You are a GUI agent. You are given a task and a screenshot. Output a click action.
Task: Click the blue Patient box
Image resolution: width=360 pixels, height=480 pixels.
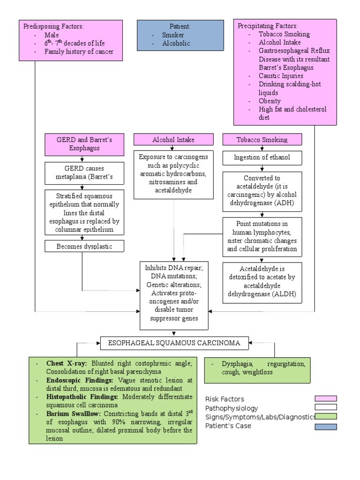pos(180,35)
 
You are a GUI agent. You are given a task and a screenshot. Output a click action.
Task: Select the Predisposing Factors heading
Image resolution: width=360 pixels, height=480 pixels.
pos(57,26)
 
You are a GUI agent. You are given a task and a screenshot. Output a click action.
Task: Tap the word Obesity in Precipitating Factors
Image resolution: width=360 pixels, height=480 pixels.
pos(270,101)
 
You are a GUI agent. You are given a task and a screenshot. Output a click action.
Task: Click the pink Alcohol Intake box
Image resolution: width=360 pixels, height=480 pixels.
pos(173,140)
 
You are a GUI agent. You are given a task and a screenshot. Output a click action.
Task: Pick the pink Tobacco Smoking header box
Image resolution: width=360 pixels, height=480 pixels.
pos(262,140)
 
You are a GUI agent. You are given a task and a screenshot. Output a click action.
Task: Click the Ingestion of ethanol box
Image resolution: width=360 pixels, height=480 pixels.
pos(262,157)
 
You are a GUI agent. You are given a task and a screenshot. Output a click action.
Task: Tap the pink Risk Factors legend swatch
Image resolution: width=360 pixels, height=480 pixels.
pos(325,399)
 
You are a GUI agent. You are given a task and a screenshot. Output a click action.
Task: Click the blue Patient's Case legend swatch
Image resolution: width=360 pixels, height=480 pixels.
pos(325,426)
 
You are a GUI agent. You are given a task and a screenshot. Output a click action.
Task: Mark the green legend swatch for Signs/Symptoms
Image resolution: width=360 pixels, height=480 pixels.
pos(325,417)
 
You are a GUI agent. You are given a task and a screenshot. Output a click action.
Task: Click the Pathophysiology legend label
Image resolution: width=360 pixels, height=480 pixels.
pos(232,408)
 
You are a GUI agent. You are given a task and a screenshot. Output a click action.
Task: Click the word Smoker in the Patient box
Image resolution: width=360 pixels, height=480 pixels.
pos(173,35)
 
